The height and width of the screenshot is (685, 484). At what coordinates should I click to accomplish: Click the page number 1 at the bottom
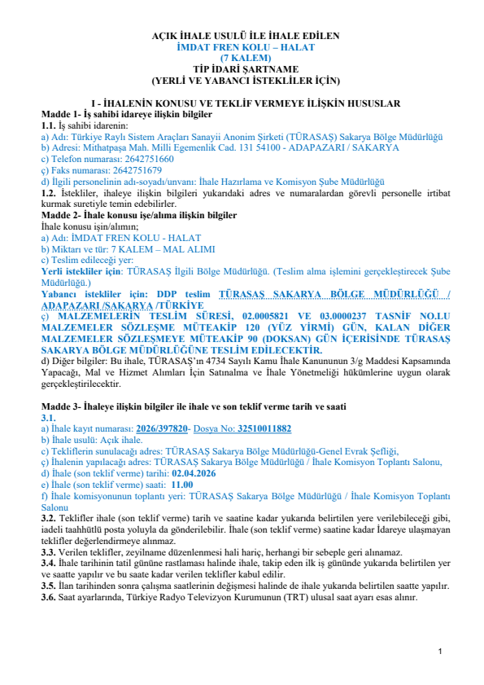coord(440,652)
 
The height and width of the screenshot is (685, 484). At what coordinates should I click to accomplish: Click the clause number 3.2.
coord(49,518)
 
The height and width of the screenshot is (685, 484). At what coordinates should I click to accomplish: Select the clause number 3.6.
coord(49,597)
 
